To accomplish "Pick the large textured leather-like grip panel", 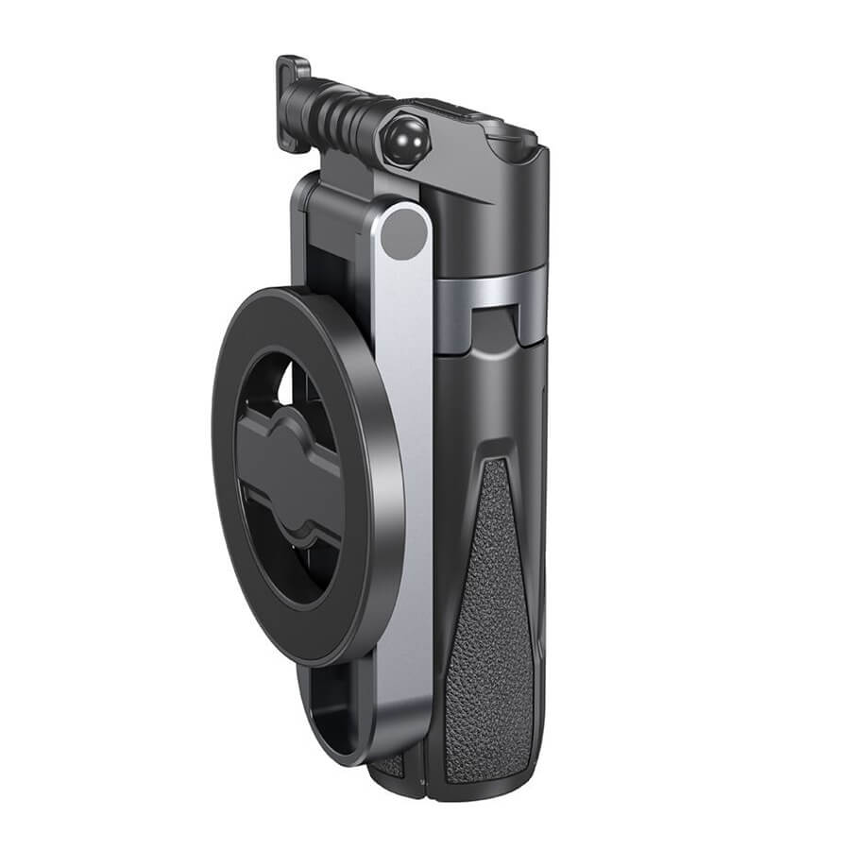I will tap(491, 614).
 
